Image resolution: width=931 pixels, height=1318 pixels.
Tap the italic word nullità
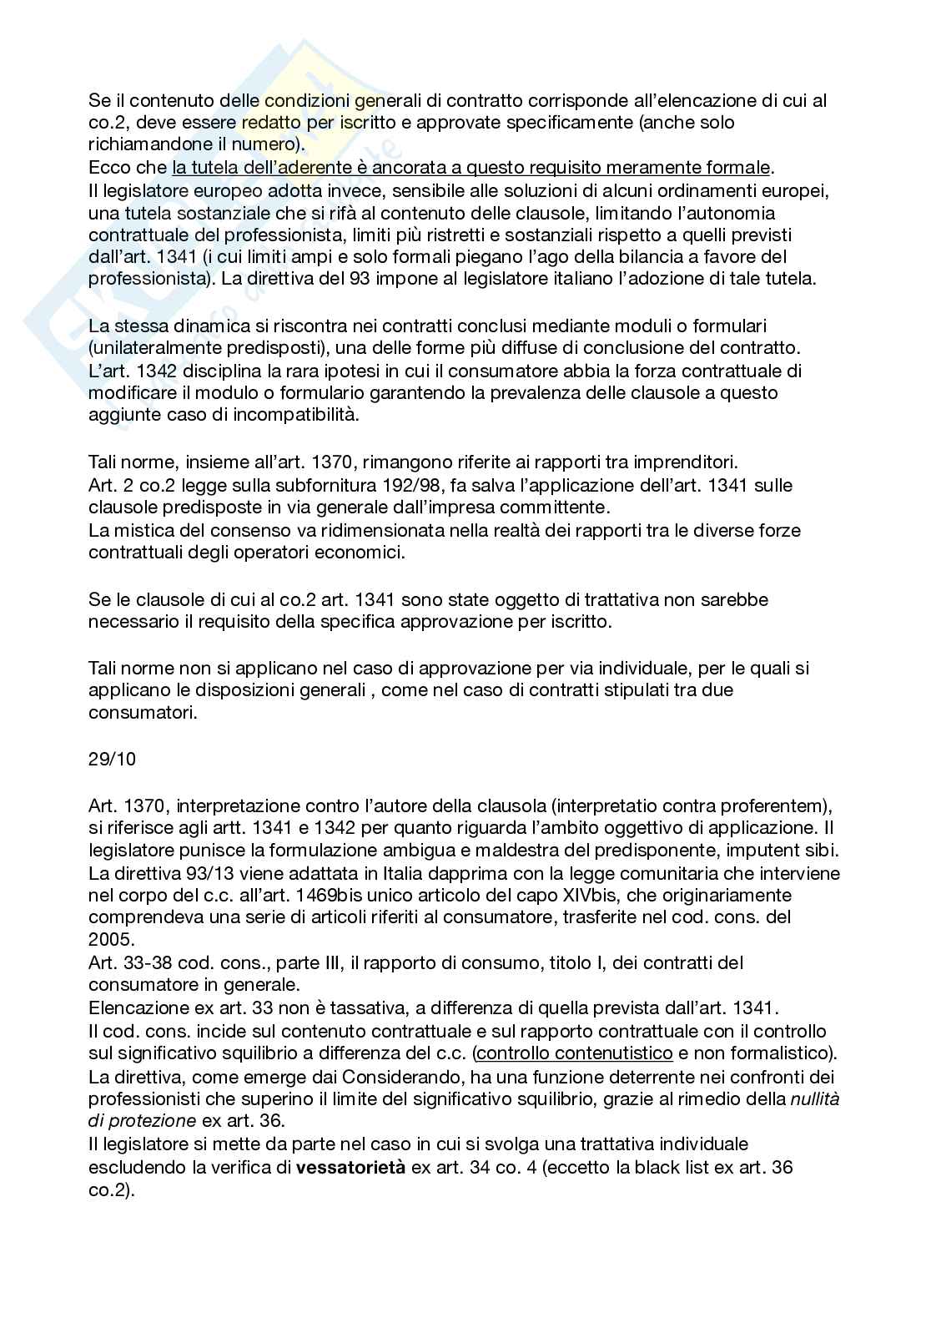click(814, 1099)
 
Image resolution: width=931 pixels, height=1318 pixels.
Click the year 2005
click(110, 939)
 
